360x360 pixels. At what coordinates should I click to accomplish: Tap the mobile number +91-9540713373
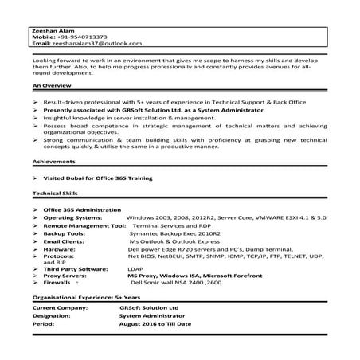pyautogui.click(x=83, y=37)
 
